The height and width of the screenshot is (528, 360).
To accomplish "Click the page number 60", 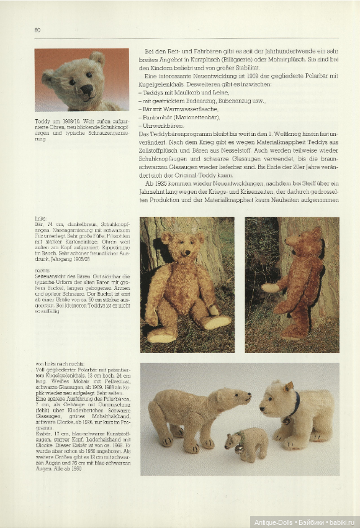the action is pos(38,30).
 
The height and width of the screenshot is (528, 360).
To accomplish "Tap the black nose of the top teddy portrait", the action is pos(86,89).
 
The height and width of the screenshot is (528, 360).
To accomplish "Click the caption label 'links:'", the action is pos(40,219).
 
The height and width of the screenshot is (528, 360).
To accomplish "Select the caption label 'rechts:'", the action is pos(42,271).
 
